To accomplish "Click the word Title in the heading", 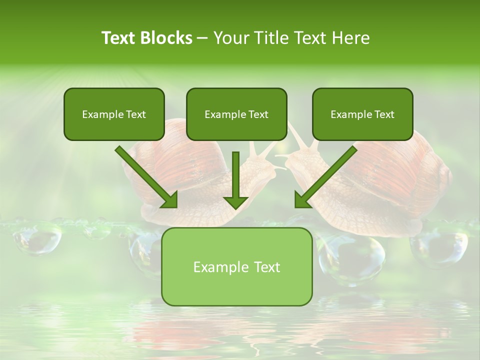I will click(x=268, y=38).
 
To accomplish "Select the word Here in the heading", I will click(x=352, y=38).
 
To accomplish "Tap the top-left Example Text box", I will click(x=114, y=114).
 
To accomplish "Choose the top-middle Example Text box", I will click(x=236, y=114).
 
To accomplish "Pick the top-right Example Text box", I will click(x=362, y=114).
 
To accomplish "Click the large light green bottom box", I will click(x=236, y=267).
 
